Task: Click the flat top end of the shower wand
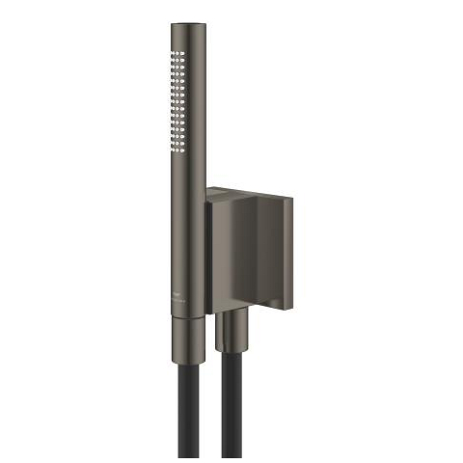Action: (x=185, y=22)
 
